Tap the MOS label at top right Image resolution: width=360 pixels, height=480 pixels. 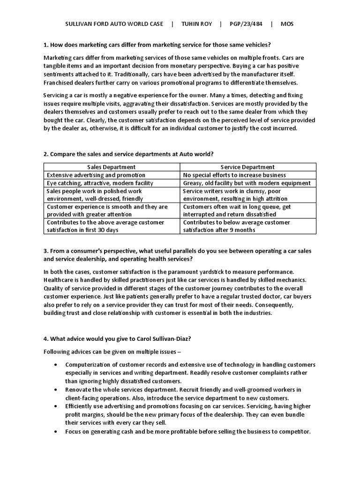click(x=287, y=24)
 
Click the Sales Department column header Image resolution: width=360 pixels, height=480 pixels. click(x=112, y=167)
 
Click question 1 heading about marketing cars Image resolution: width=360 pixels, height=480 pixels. click(x=157, y=45)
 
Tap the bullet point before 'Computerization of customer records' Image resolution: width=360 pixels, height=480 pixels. click(x=56, y=365)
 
